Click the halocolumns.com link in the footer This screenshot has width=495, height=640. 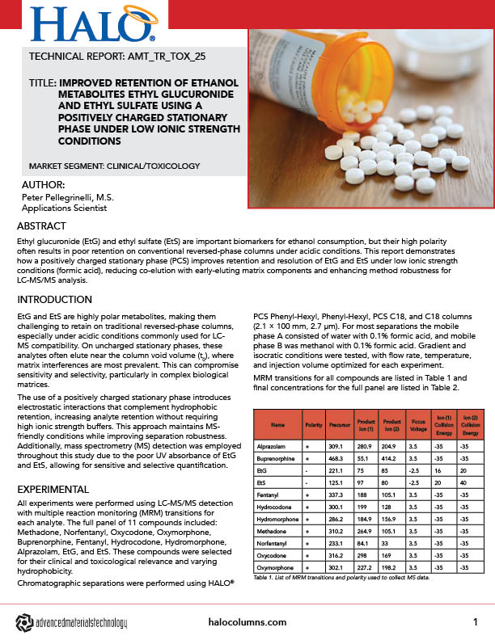click(247, 621)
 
